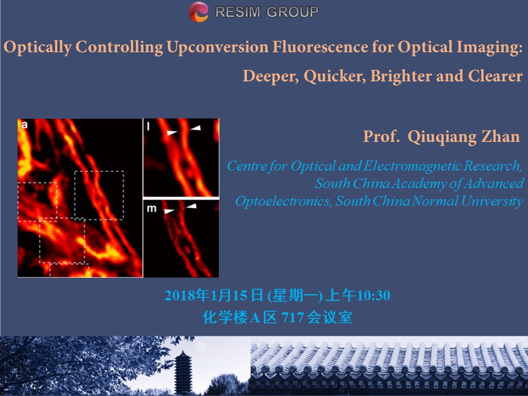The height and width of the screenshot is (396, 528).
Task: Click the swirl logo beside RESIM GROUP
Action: [x=199, y=12]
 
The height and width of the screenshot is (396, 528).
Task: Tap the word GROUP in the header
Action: [x=292, y=12]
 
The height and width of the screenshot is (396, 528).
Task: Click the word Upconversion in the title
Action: [x=217, y=47]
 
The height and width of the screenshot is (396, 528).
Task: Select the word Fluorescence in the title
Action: [x=320, y=46]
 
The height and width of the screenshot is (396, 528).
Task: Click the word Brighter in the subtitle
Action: [x=401, y=76]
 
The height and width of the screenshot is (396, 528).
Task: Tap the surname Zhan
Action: [x=501, y=136]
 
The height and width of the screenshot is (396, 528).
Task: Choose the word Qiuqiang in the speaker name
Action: [x=442, y=137]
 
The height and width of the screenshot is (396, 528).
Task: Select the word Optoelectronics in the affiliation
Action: [x=283, y=201]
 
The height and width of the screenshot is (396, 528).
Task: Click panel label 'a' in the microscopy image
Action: [x=24, y=125]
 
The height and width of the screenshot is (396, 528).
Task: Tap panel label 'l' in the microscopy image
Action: [x=148, y=126]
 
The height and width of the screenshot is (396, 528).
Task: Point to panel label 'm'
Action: [x=152, y=209]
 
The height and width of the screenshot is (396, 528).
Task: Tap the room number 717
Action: [x=293, y=317]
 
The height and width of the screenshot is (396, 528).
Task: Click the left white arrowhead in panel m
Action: [x=169, y=211]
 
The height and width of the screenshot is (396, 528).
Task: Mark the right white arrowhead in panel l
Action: [x=196, y=128]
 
